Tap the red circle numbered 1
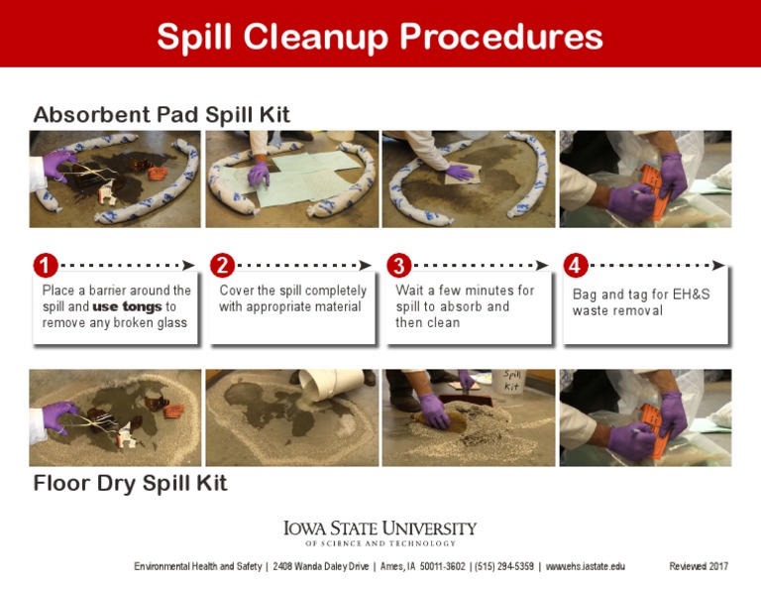click(x=46, y=265)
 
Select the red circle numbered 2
click(x=222, y=265)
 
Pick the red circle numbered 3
click(x=399, y=265)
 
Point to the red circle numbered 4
click(x=576, y=265)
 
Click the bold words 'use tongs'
click(x=127, y=306)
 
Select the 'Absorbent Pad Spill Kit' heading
click(x=162, y=115)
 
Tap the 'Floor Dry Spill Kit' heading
click(x=130, y=483)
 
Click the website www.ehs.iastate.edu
click(x=586, y=566)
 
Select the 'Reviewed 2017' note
click(x=699, y=566)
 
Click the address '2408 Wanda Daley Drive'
click(x=320, y=566)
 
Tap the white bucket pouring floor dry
click(x=328, y=384)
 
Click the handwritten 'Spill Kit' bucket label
click(x=511, y=380)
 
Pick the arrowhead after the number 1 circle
click(x=188, y=265)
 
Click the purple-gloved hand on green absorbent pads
click(x=259, y=174)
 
